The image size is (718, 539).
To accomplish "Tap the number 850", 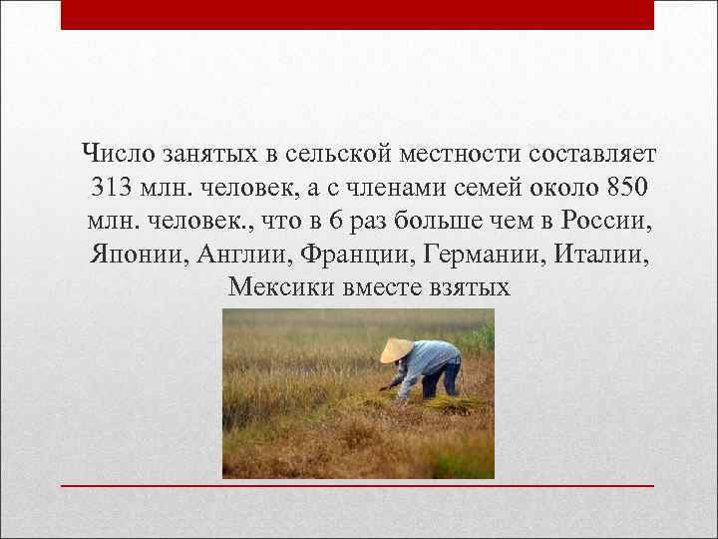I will coord(626,188).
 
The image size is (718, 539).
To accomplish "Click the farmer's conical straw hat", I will coord(396,349).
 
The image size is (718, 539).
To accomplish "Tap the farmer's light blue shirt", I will coord(429,357).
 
